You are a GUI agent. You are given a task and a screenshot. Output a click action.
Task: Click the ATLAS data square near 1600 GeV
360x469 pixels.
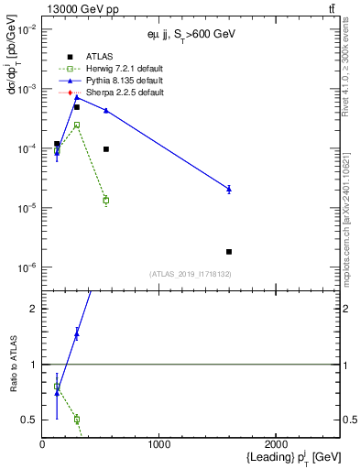[229, 251]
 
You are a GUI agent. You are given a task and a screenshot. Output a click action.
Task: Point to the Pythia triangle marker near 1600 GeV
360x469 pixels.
[229, 189]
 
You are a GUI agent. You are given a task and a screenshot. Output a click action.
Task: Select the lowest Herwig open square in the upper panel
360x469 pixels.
[106, 200]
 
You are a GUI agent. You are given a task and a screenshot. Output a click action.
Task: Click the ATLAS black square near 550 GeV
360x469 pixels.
[106, 148]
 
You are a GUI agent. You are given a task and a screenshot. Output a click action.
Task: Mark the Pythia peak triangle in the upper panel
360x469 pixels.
[77, 96]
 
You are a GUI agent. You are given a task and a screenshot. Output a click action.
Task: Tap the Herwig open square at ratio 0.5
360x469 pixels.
[77, 420]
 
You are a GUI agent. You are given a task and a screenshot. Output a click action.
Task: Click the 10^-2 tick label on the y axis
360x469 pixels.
[27, 29]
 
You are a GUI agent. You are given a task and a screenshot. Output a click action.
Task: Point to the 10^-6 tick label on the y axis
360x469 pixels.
[27, 267]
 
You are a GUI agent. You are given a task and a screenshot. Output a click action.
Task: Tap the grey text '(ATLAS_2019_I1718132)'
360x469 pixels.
[191, 274]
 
